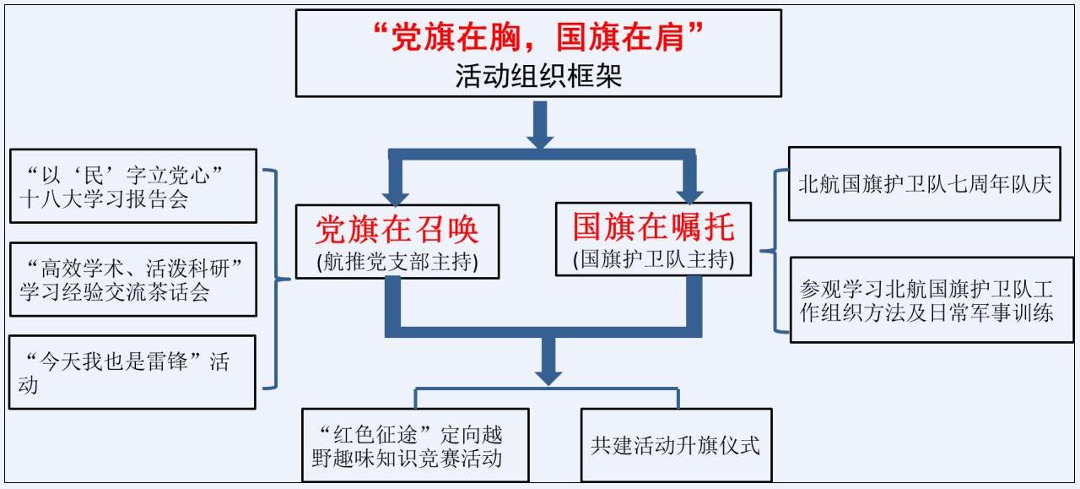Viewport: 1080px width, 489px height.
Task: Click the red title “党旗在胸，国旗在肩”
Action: click(538, 37)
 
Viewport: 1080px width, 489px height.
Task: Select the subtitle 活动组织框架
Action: click(538, 77)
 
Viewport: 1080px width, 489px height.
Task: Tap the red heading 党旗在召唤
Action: click(397, 229)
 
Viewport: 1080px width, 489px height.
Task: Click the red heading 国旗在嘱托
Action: click(654, 226)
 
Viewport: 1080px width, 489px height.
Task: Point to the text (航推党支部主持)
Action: click(397, 261)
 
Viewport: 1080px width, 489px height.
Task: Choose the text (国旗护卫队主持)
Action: click(653, 259)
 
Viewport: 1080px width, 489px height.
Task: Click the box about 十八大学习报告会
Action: click(132, 186)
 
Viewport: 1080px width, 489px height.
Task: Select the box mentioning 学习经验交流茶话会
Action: click(132, 280)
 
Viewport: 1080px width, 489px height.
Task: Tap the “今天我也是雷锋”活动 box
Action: click(132, 372)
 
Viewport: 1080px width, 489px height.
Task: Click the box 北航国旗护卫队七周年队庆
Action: click(924, 183)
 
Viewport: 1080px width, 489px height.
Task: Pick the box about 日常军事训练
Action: click(931, 300)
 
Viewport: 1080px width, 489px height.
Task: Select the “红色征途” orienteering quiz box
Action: click(415, 445)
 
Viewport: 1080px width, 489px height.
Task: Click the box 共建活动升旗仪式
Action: click(675, 445)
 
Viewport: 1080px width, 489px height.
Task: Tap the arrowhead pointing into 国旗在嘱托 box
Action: click(690, 189)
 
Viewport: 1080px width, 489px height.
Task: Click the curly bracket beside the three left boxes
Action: click(273, 279)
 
